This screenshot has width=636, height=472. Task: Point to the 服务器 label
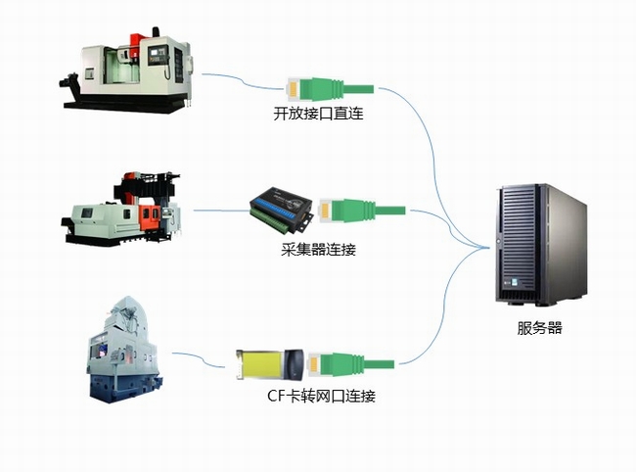coord(540,328)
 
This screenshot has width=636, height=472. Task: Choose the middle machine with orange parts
coord(123,208)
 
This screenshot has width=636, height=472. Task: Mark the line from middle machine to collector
coord(220,210)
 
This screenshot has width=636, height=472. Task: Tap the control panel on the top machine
coord(162,54)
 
